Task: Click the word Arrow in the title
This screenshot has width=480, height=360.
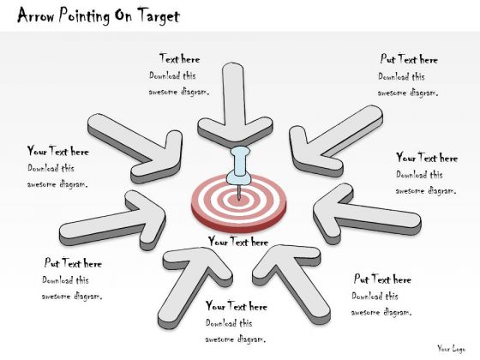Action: coord(36,15)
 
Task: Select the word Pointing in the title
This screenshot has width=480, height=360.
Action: coord(84,16)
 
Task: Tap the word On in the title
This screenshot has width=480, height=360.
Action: coord(123,15)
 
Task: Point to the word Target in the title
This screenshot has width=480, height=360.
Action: coord(159,16)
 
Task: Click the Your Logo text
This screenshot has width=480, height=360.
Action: coord(451,348)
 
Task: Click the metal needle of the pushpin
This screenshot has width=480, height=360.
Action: coord(239,192)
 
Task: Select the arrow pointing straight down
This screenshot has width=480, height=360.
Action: coord(234,107)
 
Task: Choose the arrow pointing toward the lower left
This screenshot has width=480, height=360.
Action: coord(333,141)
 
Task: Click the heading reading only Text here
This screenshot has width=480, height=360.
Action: coord(180,59)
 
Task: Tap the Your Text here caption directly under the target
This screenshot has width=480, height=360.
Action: coord(238,242)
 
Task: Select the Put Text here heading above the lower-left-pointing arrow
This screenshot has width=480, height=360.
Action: coord(409,59)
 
